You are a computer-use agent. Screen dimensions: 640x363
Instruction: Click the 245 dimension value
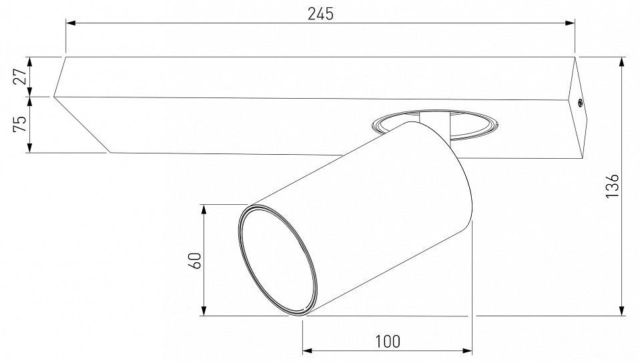point(320,14)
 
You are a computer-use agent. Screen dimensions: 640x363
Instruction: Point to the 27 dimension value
point(20,76)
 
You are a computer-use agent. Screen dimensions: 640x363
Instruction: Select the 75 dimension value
point(20,123)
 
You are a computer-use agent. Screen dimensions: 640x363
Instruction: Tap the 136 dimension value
point(612,186)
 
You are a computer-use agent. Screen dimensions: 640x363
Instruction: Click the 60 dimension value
point(196,260)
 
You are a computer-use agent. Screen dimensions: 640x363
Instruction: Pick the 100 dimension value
point(387,342)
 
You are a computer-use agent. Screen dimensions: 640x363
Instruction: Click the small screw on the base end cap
point(580,103)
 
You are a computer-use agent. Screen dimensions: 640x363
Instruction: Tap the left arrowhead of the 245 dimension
point(71,23)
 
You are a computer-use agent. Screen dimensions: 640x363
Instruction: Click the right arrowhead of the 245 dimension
point(570,23)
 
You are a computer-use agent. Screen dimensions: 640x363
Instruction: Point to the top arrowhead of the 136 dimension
point(621,62)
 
